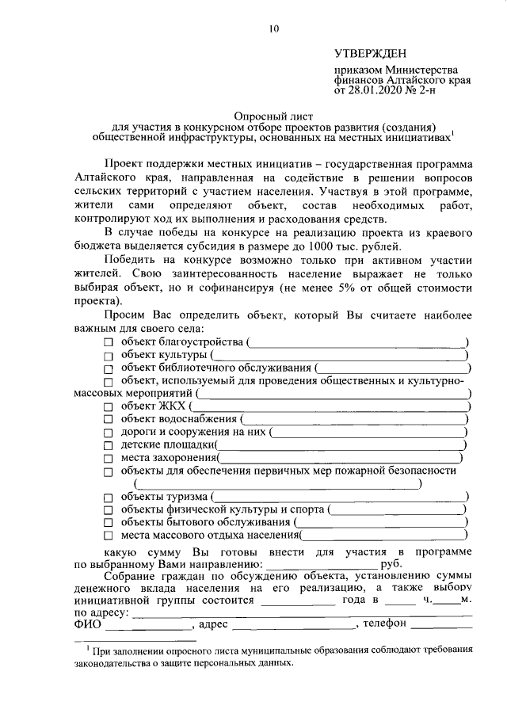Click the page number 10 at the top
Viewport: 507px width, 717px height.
pos(273,29)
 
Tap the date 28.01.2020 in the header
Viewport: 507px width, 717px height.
pos(373,91)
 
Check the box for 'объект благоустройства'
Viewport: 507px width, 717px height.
pos(109,341)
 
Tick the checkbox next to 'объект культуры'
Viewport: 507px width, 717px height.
pos(109,355)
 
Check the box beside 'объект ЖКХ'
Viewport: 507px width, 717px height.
pos(109,406)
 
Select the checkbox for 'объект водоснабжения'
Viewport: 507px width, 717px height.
pos(109,419)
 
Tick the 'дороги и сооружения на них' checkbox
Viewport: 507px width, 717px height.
pos(109,433)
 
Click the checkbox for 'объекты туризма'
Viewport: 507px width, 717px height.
pos(109,497)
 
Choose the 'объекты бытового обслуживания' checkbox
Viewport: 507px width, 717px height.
pos(109,523)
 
